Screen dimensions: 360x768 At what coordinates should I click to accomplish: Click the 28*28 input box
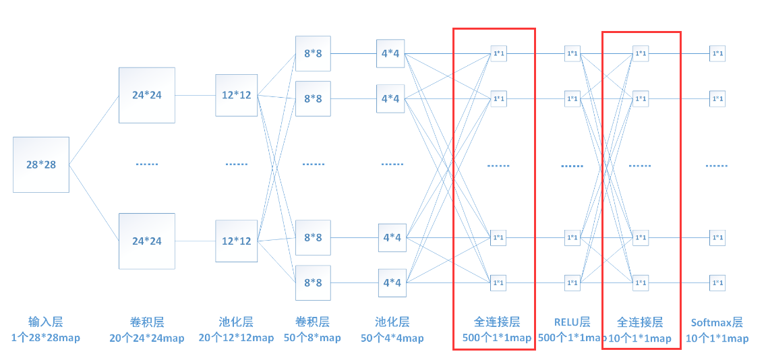click(41, 164)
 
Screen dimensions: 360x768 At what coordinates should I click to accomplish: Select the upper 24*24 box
click(147, 95)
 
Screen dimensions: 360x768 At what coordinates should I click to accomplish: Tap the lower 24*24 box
click(147, 241)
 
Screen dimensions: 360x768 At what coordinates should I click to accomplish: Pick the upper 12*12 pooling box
click(236, 95)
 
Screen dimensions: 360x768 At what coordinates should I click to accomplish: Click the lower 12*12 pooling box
click(236, 241)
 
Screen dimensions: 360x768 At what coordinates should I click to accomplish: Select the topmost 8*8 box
click(313, 53)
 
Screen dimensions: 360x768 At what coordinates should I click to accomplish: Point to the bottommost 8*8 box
click(313, 282)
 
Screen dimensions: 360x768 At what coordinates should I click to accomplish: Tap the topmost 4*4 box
click(391, 53)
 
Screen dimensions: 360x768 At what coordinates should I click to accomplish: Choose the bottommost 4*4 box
click(391, 282)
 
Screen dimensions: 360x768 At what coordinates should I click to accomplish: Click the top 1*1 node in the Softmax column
click(717, 53)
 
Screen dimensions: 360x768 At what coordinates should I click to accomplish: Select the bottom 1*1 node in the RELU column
click(572, 282)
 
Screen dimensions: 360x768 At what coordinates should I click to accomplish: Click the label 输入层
click(45, 322)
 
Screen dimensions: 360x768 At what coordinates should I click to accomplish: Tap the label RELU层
click(572, 322)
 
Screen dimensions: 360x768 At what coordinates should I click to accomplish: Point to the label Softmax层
click(717, 322)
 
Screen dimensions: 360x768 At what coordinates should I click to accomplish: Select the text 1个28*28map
click(45, 338)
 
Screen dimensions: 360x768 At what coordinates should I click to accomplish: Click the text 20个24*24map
click(147, 338)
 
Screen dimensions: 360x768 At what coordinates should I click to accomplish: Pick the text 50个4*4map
click(392, 338)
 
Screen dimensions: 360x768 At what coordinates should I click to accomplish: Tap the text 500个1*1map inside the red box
click(497, 338)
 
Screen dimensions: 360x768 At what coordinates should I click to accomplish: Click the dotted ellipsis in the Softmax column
click(717, 165)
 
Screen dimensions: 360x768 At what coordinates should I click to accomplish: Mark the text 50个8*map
click(313, 338)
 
